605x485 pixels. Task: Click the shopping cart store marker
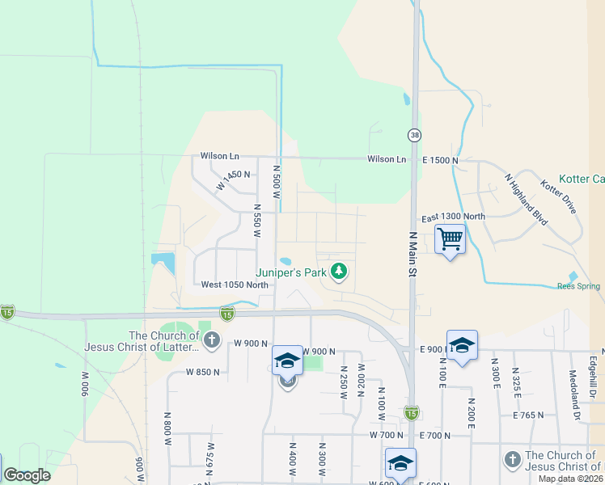[450, 238]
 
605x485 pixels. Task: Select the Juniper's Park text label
[290, 273]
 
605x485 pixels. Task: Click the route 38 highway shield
[414, 134]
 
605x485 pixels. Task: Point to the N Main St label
[412, 255]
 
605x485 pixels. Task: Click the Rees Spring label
[578, 286]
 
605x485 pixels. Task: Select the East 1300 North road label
[453, 217]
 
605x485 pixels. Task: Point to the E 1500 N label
[440, 161]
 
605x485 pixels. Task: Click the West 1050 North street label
[235, 285]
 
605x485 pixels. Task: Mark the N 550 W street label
[256, 220]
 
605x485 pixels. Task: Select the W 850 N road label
[202, 372]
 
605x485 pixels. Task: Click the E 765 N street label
[530, 415]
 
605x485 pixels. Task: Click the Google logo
[27, 475]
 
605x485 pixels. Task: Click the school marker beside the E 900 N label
[462, 345]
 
